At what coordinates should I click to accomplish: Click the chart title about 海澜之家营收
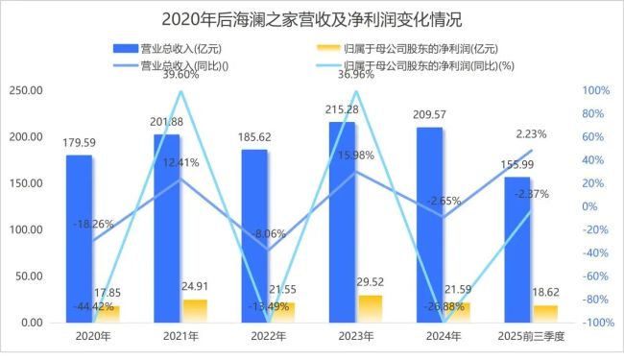[312, 18]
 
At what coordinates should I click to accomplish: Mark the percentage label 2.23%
[533, 134]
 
